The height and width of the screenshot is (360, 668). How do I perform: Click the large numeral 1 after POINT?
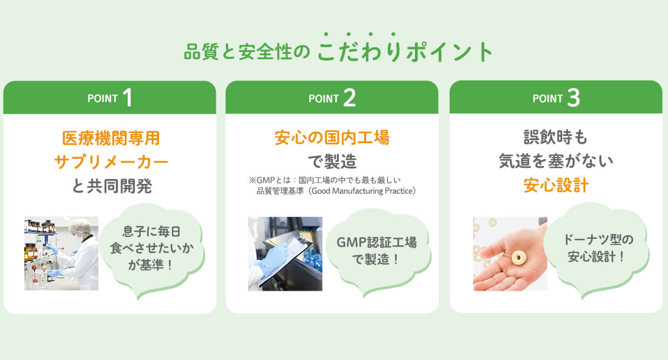(x=128, y=98)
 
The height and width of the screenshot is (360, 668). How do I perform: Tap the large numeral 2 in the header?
(x=349, y=98)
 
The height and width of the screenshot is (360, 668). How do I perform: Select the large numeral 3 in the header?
(x=573, y=98)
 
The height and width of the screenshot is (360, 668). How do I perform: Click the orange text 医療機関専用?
(x=111, y=138)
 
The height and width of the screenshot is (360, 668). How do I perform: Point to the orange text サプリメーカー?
(x=111, y=162)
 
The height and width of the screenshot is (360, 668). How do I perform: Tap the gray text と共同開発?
(x=112, y=186)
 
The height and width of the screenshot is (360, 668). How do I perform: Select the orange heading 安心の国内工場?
(x=332, y=138)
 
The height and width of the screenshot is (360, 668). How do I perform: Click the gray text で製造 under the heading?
(x=332, y=161)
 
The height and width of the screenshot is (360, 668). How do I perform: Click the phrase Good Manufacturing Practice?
(x=362, y=192)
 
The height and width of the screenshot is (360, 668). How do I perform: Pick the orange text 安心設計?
(x=556, y=186)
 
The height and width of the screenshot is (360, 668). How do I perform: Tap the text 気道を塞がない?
(x=556, y=161)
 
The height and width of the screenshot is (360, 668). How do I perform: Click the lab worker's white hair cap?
(x=80, y=226)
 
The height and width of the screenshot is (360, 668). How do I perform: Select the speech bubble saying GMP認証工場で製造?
(x=377, y=251)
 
